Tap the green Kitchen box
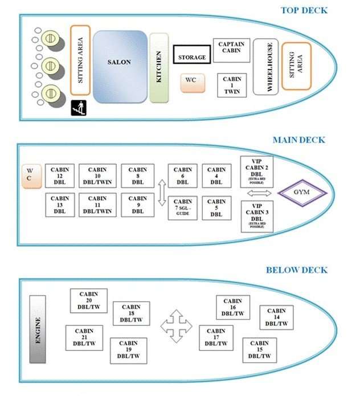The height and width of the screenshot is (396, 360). [x=158, y=67]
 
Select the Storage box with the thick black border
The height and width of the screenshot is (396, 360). [x=192, y=55]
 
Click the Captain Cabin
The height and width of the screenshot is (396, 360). [x=232, y=51]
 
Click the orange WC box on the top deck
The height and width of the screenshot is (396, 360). [x=191, y=81]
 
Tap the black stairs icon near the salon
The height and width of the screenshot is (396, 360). [x=78, y=107]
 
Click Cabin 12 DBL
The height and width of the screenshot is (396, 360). [x=60, y=175]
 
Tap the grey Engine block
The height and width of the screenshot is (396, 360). [x=38, y=329]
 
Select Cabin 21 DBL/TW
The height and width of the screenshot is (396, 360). [x=84, y=337]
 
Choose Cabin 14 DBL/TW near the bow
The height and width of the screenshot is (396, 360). [x=277, y=317]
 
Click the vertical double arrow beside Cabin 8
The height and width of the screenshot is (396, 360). [x=161, y=193]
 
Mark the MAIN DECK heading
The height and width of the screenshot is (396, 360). [x=298, y=140]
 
